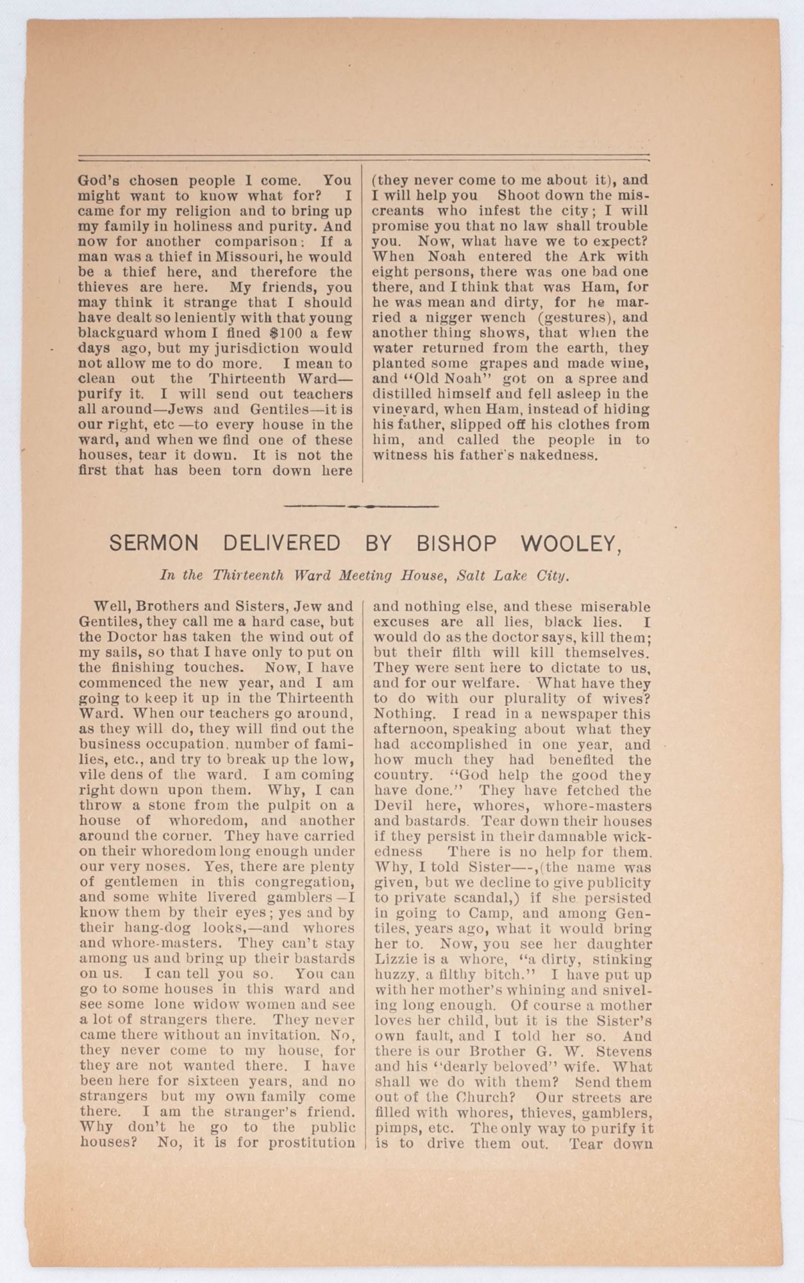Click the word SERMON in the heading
(154, 544)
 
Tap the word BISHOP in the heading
(456, 544)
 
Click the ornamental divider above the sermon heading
(361, 506)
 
